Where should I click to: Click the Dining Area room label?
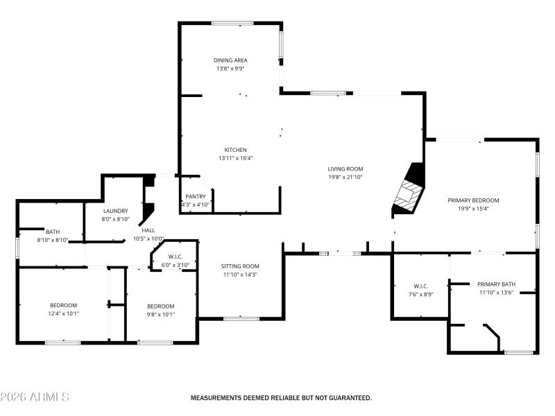pos(230,60)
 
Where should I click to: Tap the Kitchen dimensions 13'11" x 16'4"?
pos(235,158)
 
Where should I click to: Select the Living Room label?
pos(345,168)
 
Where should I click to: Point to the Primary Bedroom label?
pos(473,200)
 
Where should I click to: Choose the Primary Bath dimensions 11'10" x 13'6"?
pos(496,293)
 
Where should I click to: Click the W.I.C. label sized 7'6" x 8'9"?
pos(420,286)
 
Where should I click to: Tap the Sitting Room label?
pos(240,266)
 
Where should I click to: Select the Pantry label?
pos(196,196)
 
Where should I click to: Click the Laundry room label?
pos(116,211)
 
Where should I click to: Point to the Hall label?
pos(148,230)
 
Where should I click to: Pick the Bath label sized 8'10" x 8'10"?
pos(53,232)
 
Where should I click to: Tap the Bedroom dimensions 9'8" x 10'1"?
pos(160,314)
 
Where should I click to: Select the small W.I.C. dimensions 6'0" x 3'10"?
pos(175,265)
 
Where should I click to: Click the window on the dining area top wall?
pos(232,24)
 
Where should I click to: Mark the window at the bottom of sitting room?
pos(241,318)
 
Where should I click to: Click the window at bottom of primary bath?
pos(518,352)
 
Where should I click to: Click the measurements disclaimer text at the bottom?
pos(281,398)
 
